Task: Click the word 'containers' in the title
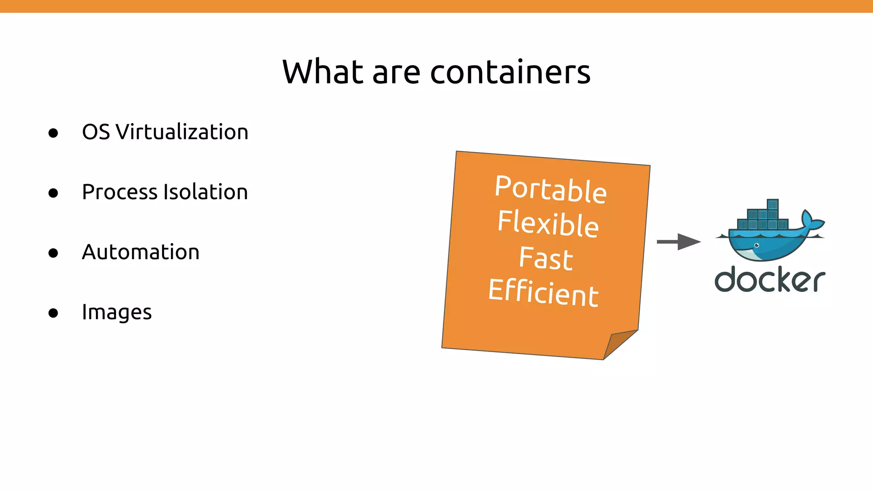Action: [x=510, y=72]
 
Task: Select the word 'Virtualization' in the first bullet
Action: [x=182, y=132]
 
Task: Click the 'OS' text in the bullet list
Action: [x=96, y=132]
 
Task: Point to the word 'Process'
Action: [x=119, y=192]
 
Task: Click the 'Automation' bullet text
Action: [x=141, y=252]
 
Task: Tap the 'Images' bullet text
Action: [x=117, y=312]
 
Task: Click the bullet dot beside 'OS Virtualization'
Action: [x=53, y=133]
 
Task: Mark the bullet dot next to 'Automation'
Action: [x=53, y=253]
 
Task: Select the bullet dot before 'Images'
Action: [x=53, y=313]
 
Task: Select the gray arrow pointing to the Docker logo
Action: [x=678, y=242]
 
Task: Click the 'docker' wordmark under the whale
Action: [x=770, y=280]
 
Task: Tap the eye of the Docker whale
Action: [x=757, y=245]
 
